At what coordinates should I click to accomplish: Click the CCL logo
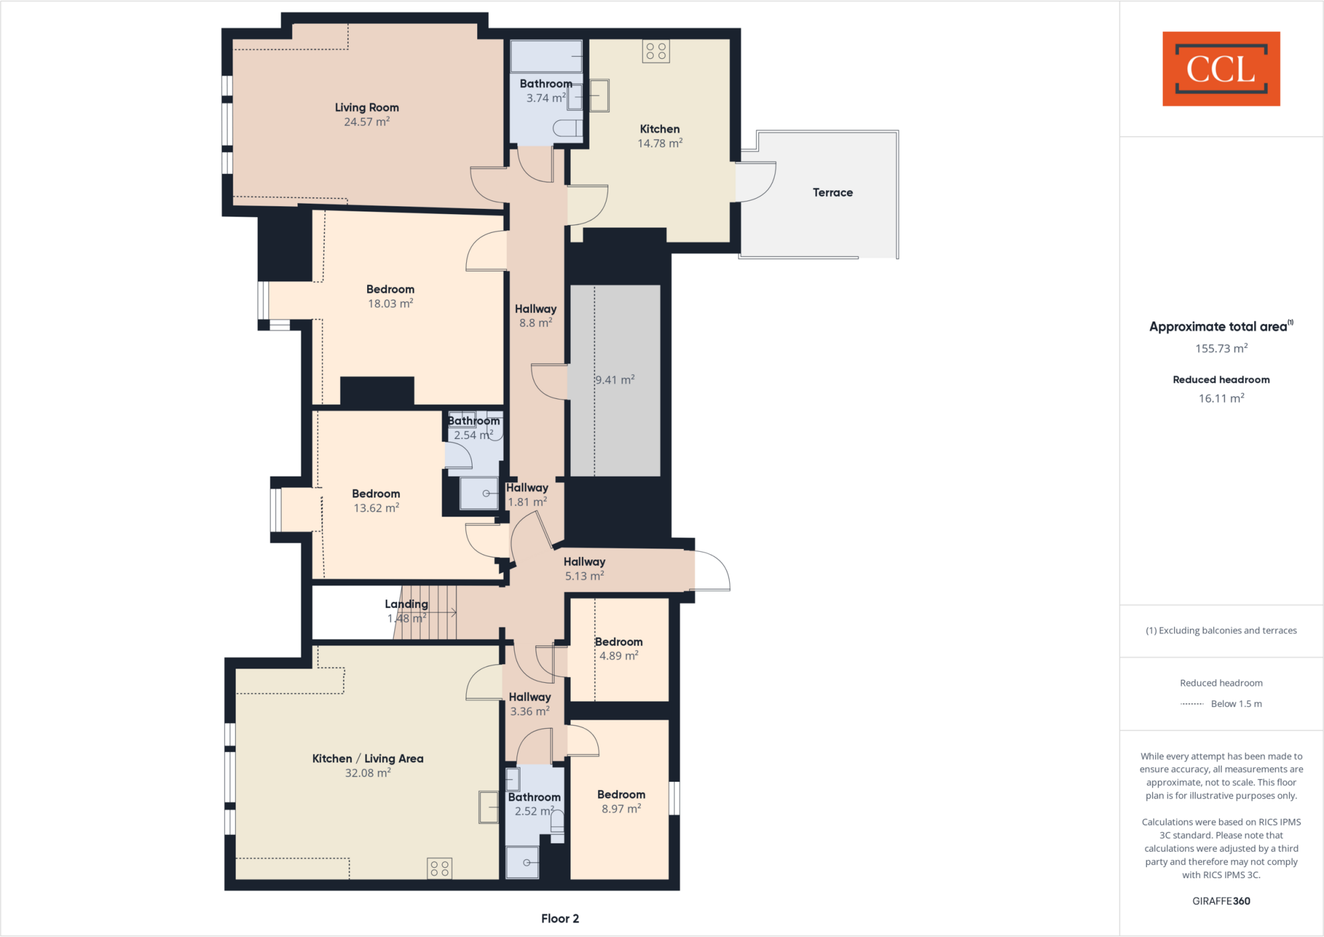tap(1221, 69)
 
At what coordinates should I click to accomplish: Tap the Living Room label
tap(367, 107)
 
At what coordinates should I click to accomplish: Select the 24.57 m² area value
tap(367, 122)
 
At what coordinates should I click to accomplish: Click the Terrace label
tap(832, 193)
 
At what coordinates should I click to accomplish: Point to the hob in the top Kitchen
tap(656, 51)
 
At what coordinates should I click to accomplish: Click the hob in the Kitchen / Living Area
tap(440, 868)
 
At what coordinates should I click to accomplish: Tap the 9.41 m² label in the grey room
tap(615, 380)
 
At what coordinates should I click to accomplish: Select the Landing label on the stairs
tap(406, 604)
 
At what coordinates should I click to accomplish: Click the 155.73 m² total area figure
tap(1221, 349)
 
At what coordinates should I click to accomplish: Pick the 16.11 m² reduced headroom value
tap(1221, 398)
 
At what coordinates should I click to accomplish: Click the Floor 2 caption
tap(560, 918)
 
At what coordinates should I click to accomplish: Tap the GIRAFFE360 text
tap(1221, 901)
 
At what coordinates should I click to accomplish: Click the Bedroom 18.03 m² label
tap(390, 289)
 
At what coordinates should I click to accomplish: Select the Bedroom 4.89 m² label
tap(619, 641)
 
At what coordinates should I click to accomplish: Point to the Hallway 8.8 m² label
tap(535, 309)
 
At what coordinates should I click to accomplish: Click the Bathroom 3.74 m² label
tap(546, 84)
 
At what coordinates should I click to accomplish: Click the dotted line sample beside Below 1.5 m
tap(1191, 704)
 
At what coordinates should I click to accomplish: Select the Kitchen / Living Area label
tap(368, 759)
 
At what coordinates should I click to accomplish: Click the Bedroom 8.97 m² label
tap(621, 795)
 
